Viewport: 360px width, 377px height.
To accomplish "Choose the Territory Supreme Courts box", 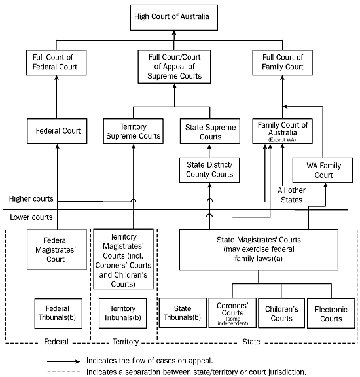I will pyautogui.click(x=133, y=131).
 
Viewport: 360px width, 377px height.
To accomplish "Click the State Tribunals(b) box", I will pyautogui.click(x=181, y=314).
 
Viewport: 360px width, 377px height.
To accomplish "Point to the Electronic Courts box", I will pyautogui.click(x=329, y=314).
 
